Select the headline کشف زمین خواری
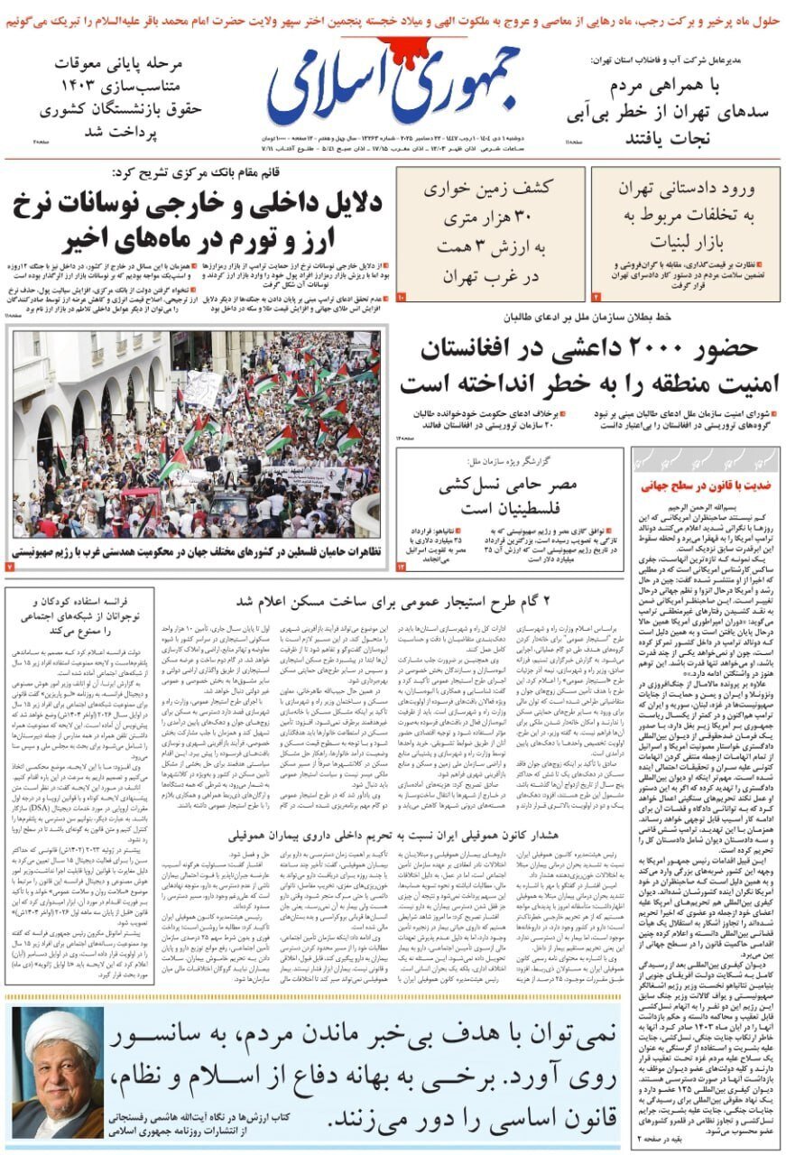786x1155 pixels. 491,190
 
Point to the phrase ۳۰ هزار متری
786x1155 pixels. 491,218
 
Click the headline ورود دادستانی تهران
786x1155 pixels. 686,189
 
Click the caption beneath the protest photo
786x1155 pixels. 199,551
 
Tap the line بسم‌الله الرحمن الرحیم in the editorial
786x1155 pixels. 704,507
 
